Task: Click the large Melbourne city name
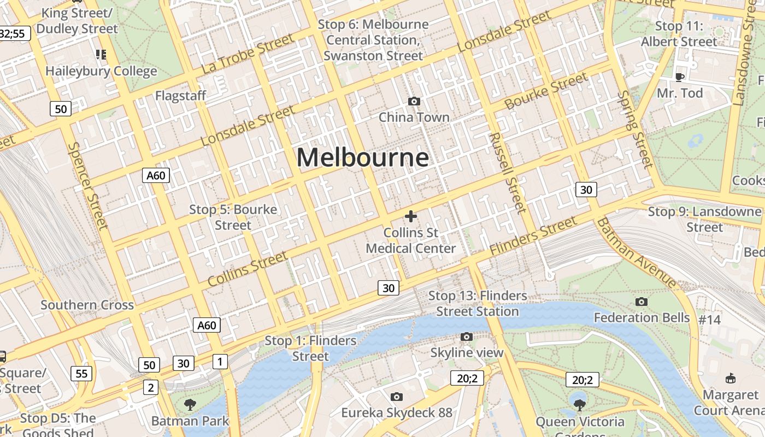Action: (x=362, y=158)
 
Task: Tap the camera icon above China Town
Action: (x=414, y=101)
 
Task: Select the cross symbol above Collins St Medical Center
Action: (x=410, y=216)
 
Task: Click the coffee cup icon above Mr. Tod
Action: (x=680, y=77)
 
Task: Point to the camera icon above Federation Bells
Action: (x=642, y=302)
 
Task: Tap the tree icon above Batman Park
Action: (x=190, y=405)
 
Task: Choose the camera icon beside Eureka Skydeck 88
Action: (x=397, y=397)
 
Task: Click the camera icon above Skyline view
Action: (x=466, y=336)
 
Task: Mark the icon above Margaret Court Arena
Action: (x=730, y=378)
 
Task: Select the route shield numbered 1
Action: (x=220, y=361)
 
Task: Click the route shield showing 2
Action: (x=150, y=387)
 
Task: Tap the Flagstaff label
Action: (x=180, y=96)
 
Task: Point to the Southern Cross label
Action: (x=87, y=305)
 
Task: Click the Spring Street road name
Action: (x=635, y=129)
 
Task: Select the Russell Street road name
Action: (x=507, y=172)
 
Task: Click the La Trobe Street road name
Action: (x=248, y=54)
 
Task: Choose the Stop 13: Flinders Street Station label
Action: (x=478, y=303)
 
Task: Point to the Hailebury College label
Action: (x=101, y=71)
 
